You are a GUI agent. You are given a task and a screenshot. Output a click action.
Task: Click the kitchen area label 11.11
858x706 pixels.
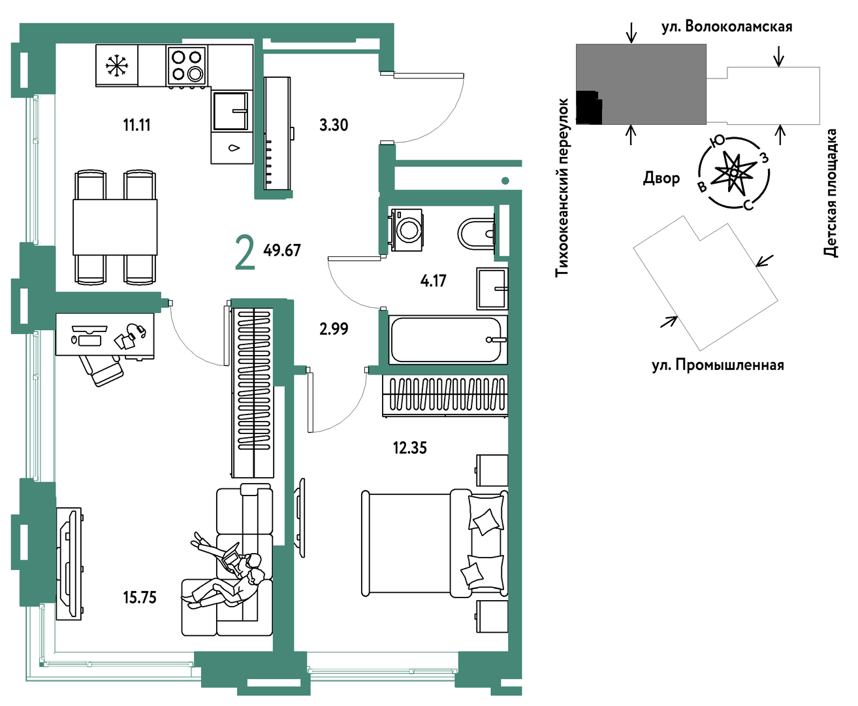click(x=136, y=125)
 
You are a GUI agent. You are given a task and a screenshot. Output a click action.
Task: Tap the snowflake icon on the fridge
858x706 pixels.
click(x=117, y=65)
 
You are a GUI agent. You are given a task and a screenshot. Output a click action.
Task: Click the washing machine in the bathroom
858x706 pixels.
click(x=407, y=229)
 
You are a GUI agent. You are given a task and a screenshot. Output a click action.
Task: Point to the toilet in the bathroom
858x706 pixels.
click(x=476, y=234)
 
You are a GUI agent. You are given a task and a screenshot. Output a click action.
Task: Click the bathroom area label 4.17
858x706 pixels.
click(x=434, y=280)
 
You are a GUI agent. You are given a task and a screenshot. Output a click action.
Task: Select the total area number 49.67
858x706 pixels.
click(x=282, y=250)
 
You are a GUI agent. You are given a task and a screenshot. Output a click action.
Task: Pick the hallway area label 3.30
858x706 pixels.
click(x=334, y=125)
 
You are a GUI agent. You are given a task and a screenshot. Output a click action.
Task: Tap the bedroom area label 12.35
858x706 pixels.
click(x=409, y=448)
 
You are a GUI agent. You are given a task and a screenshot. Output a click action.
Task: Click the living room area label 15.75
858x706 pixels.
click(x=140, y=597)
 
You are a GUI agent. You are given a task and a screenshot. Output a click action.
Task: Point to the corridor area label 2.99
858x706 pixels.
click(x=334, y=329)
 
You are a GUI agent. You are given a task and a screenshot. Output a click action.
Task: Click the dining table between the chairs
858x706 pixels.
click(x=115, y=227)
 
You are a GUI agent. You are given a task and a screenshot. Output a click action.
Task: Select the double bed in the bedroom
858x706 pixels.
click(x=434, y=543)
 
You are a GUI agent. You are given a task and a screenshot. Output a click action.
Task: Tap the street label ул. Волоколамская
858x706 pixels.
click(x=727, y=27)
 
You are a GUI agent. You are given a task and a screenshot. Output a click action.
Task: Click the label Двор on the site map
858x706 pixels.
click(x=661, y=178)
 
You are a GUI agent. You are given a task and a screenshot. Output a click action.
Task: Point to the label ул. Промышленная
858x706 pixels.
click(x=718, y=365)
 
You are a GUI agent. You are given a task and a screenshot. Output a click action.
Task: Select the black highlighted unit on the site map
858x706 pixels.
click(x=588, y=108)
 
